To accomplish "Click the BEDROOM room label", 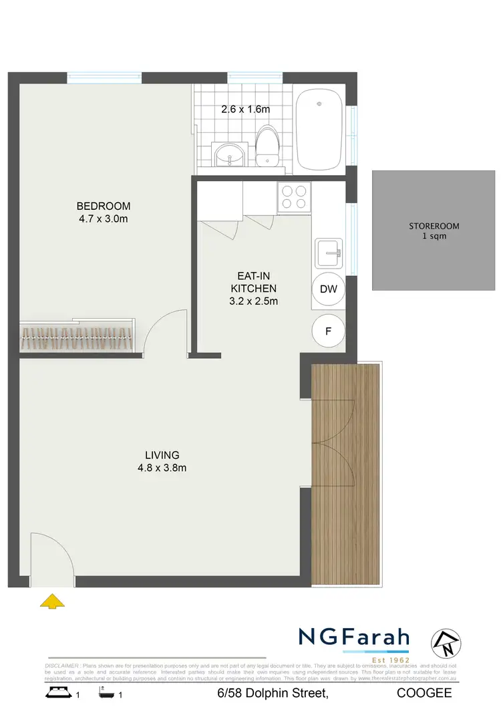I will point(103,206).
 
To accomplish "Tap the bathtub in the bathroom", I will point(319,131).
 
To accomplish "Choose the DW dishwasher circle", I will point(328,289).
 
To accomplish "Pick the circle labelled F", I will point(328,330).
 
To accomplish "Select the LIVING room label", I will point(158,456).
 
